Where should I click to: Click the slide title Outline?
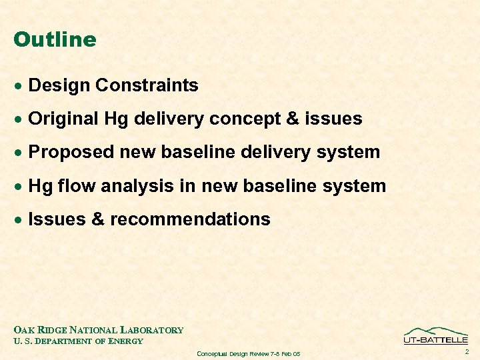click(55, 40)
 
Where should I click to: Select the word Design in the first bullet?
click(59, 86)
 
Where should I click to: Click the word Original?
click(64, 119)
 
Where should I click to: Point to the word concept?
click(239, 119)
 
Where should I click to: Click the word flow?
click(77, 186)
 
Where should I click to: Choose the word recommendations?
click(190, 219)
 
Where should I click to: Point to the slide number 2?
click(467, 351)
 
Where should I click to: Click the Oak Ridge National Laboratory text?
click(98, 330)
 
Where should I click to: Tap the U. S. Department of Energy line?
click(78, 341)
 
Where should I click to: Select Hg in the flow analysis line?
click(41, 186)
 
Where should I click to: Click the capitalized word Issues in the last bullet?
click(55, 219)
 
